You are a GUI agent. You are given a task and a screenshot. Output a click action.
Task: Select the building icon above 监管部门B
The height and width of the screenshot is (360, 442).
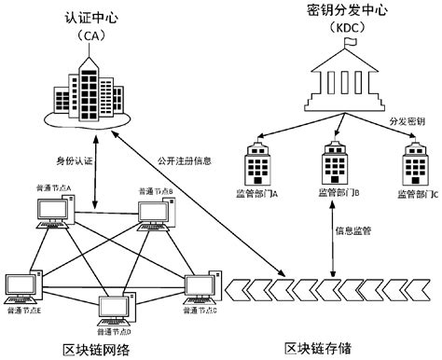pos(333,164)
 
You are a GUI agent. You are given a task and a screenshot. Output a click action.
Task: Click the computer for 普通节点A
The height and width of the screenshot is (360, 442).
pos(51,214)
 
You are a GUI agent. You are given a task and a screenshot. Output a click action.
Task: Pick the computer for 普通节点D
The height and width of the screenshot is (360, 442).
pos(114,312)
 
